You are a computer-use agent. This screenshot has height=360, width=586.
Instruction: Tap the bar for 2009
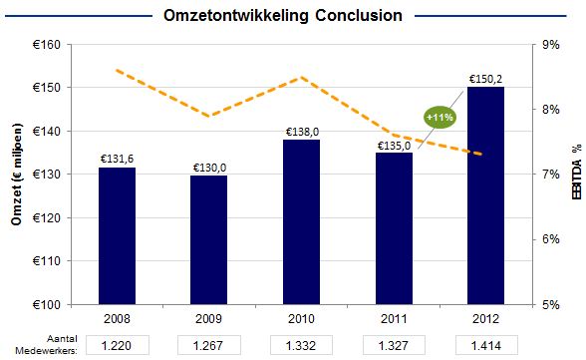[209, 239]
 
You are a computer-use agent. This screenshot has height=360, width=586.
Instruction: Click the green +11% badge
[440, 117]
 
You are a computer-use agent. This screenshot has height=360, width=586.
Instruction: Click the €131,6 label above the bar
[117, 159]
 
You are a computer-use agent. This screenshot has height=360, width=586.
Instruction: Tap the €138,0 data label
[301, 131]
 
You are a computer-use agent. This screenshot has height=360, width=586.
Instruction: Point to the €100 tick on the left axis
[45, 304]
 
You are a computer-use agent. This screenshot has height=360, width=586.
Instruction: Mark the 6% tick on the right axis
[550, 239]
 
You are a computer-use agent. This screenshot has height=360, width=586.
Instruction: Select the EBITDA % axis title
[576, 175]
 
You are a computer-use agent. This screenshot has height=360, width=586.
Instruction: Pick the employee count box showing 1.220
[117, 345]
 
